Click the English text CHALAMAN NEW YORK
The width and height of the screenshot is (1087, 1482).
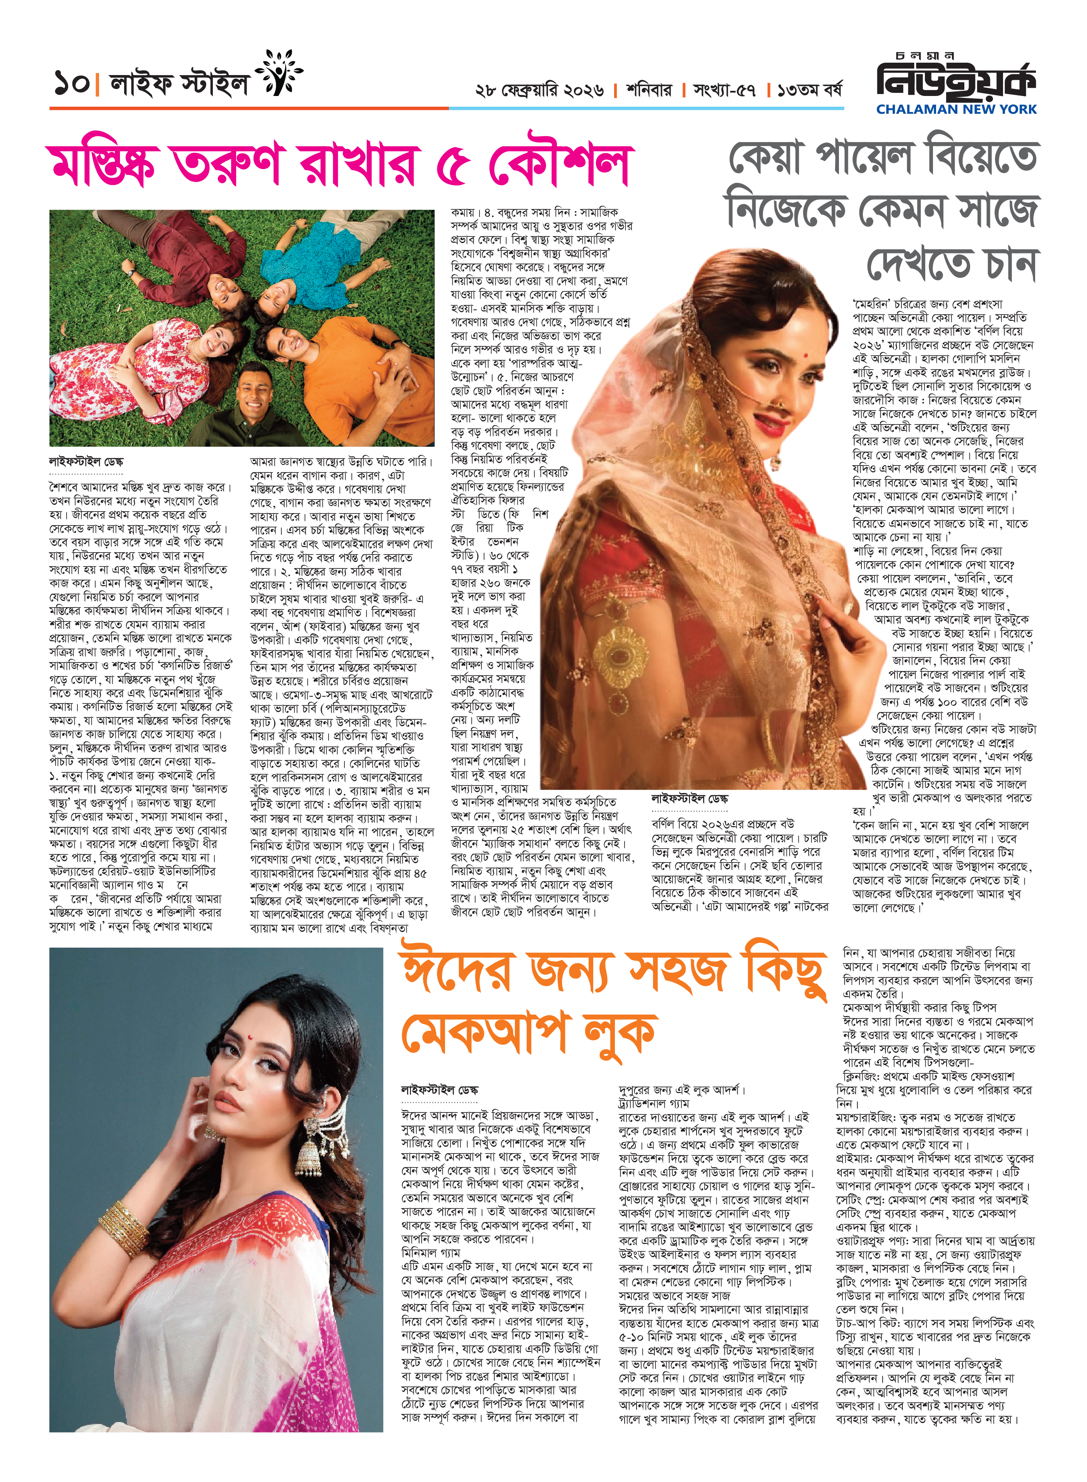tap(955, 109)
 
